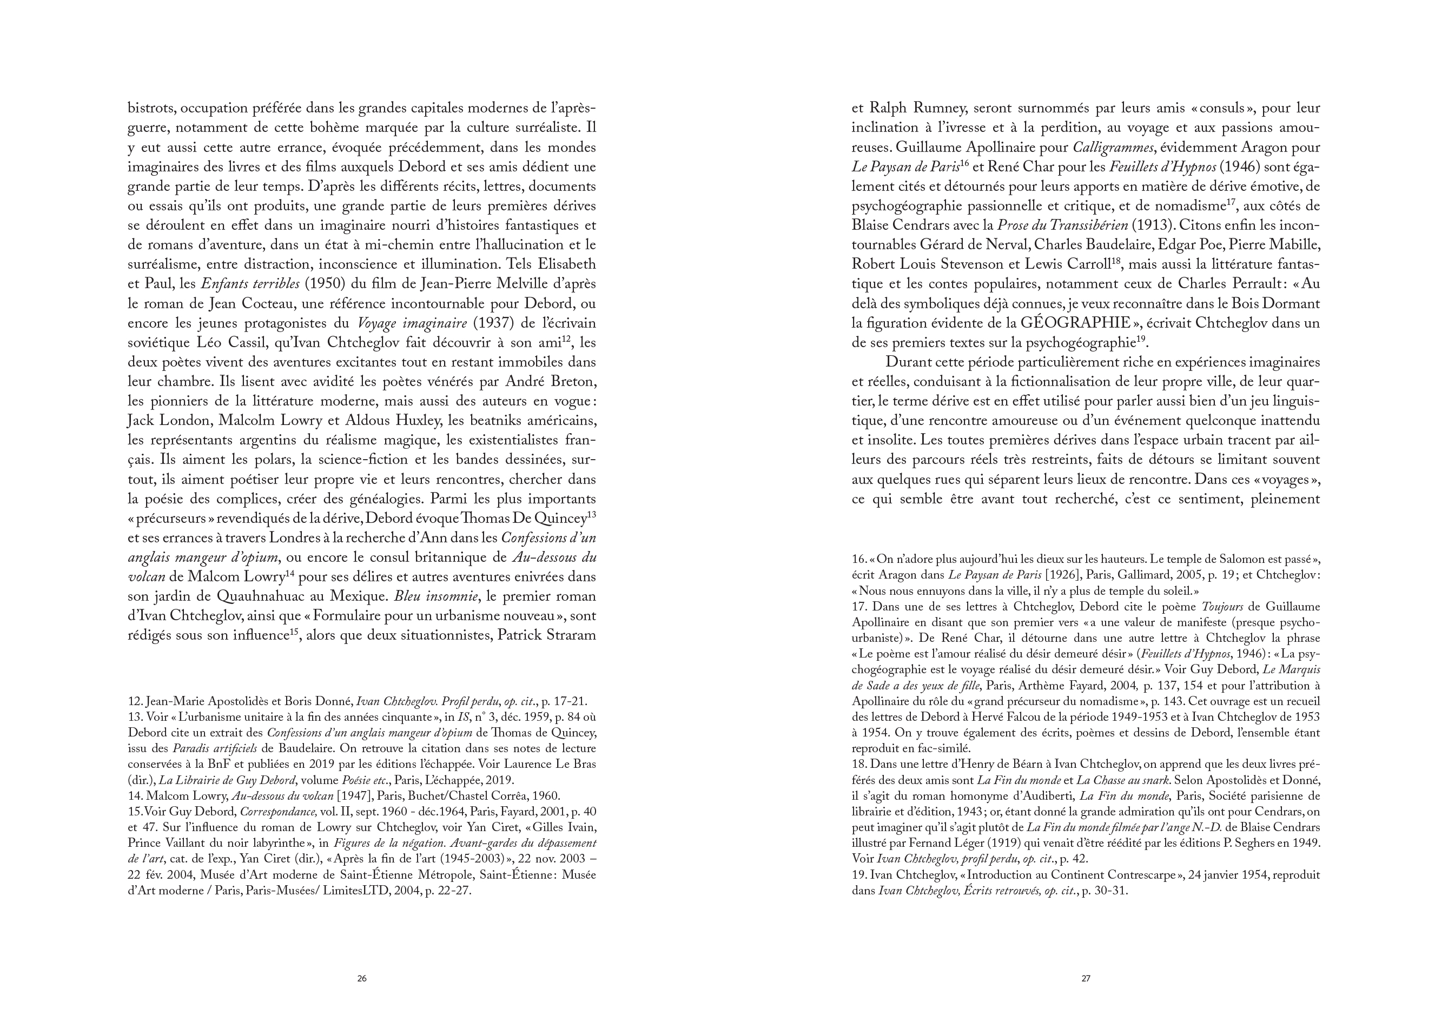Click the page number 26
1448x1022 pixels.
362,979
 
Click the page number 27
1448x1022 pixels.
1086,979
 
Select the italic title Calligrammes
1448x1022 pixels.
1112,148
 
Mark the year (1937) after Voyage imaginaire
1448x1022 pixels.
494,323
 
